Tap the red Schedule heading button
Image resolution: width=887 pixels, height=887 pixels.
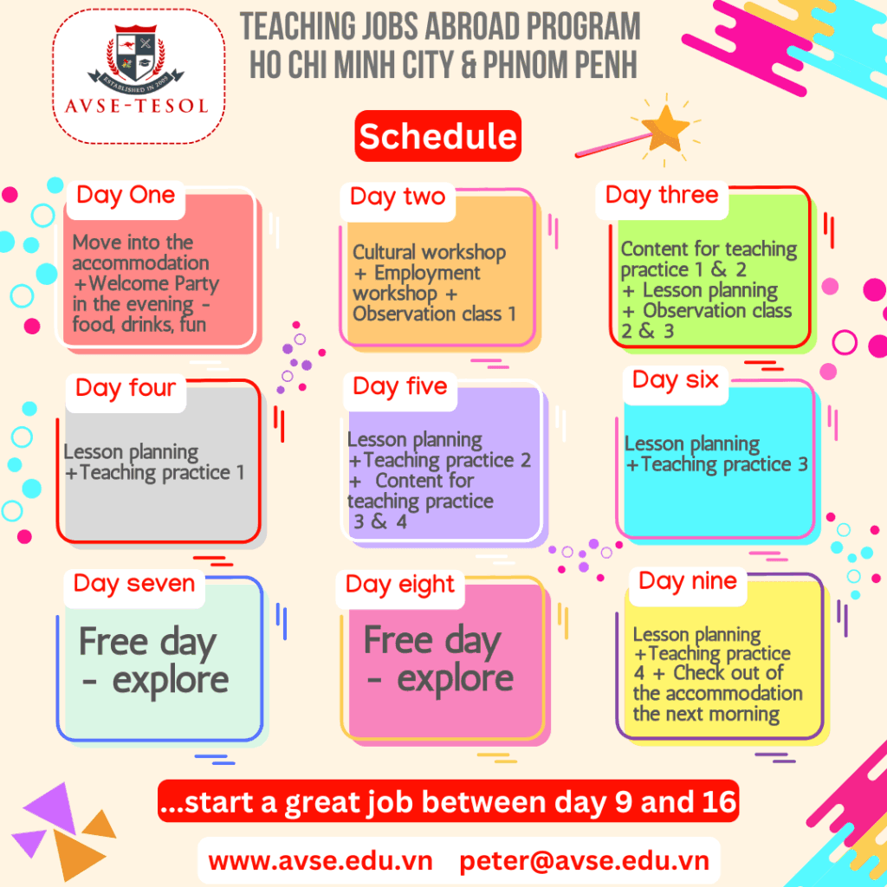point(437,136)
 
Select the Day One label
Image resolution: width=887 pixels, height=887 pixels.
point(126,196)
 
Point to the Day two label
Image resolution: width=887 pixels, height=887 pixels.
point(398,197)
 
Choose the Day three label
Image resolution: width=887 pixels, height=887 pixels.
point(662,195)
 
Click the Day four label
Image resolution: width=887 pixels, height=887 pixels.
point(126,388)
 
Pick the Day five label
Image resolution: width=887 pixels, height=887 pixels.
point(400,386)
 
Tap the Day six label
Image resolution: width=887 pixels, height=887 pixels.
point(676,379)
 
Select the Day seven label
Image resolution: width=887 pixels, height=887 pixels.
point(134,584)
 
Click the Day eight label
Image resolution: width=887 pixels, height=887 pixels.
point(400,585)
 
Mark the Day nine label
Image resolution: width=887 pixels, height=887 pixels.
point(688,580)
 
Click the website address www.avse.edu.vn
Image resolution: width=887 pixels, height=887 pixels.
point(320,861)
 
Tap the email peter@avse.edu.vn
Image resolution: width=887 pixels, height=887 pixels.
point(585,861)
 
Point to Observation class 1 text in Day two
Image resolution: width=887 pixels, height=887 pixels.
point(434,314)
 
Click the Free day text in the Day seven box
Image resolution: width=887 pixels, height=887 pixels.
point(146,643)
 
